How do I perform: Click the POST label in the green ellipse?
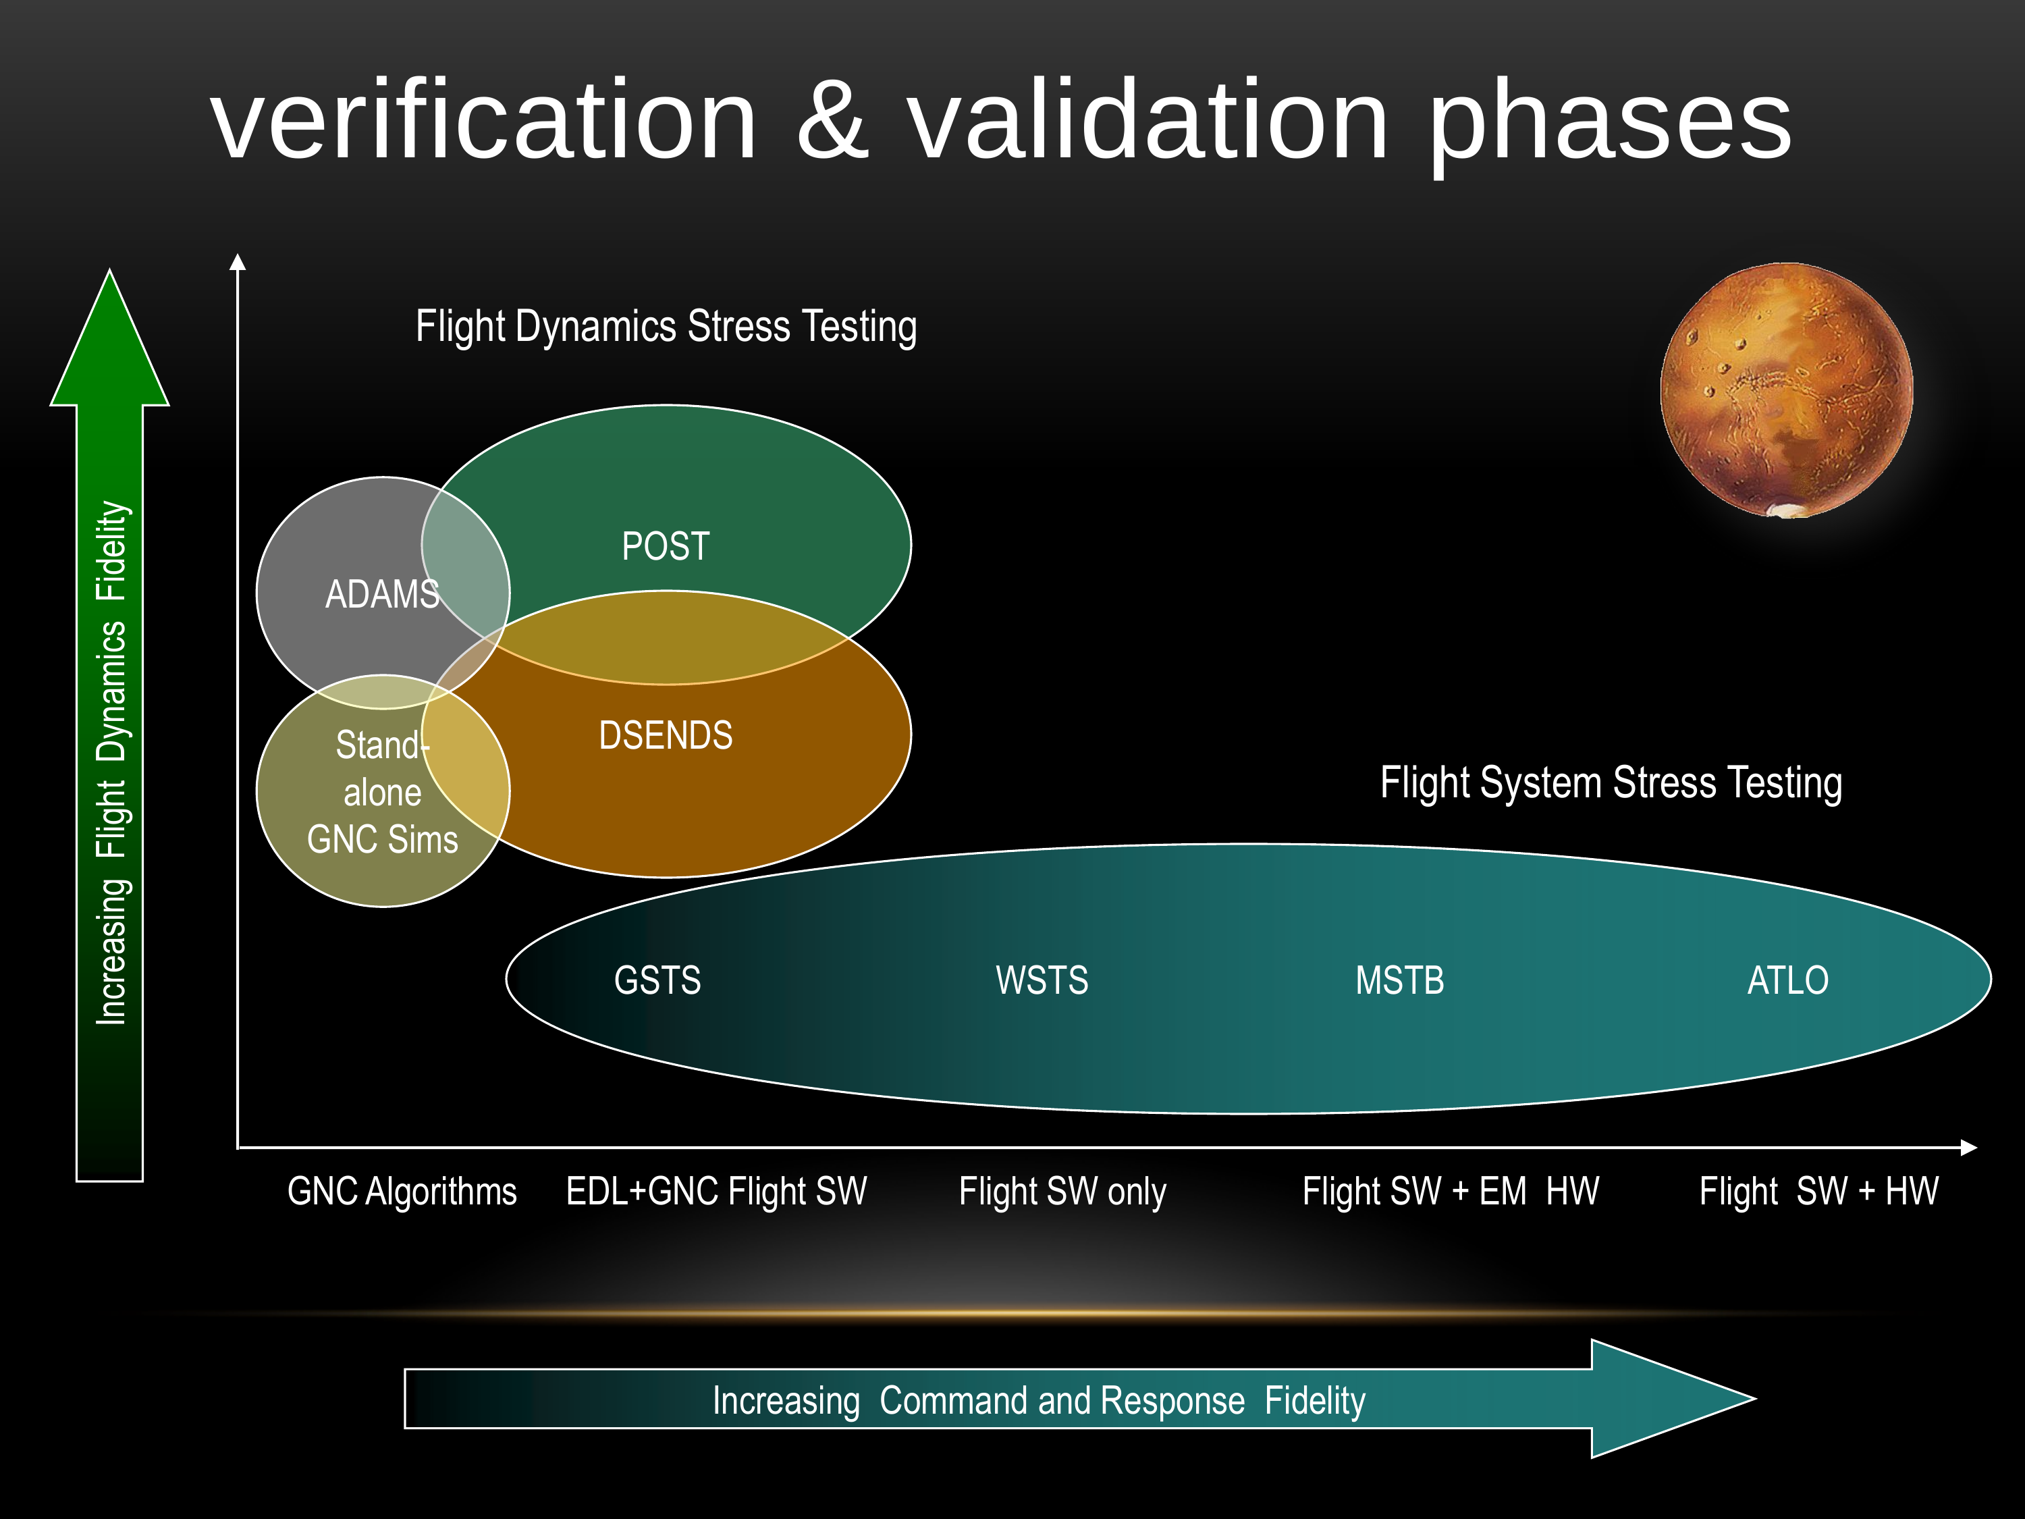pyautogui.click(x=666, y=547)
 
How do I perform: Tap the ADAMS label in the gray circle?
pyautogui.click(x=382, y=594)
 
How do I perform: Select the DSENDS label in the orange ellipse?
pyautogui.click(x=666, y=735)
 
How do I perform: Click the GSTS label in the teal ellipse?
pyautogui.click(x=657, y=981)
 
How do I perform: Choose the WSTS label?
pyautogui.click(x=1042, y=981)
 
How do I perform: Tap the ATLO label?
pyautogui.click(x=1787, y=981)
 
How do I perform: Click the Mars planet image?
pyautogui.click(x=1786, y=391)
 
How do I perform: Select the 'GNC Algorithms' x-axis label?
pyautogui.click(x=402, y=1191)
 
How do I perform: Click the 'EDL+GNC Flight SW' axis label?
pyautogui.click(x=716, y=1191)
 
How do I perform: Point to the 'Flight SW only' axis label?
pyautogui.click(x=1062, y=1191)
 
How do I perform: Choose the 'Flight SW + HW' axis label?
pyautogui.click(x=1818, y=1191)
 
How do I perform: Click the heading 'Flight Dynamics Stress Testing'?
pyautogui.click(x=666, y=327)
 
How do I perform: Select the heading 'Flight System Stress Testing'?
pyautogui.click(x=1611, y=783)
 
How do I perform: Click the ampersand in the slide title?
pyautogui.click(x=831, y=120)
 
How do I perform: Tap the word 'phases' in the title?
pyautogui.click(x=1609, y=124)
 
